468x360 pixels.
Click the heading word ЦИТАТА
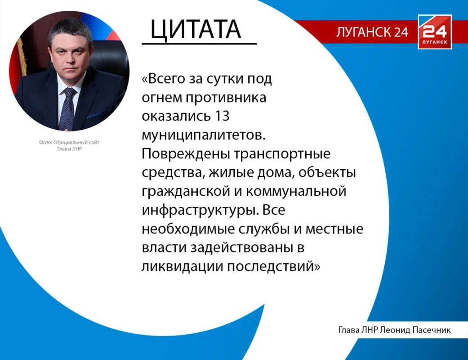coord(196,30)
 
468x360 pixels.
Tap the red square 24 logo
coord(435,32)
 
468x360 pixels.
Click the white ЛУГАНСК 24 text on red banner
coord(372,32)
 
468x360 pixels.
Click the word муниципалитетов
coord(204,135)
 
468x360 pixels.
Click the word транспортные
coord(282,154)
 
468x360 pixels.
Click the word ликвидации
coord(183,266)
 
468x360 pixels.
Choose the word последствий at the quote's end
coord(270,266)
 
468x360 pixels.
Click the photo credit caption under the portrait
coord(69,145)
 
